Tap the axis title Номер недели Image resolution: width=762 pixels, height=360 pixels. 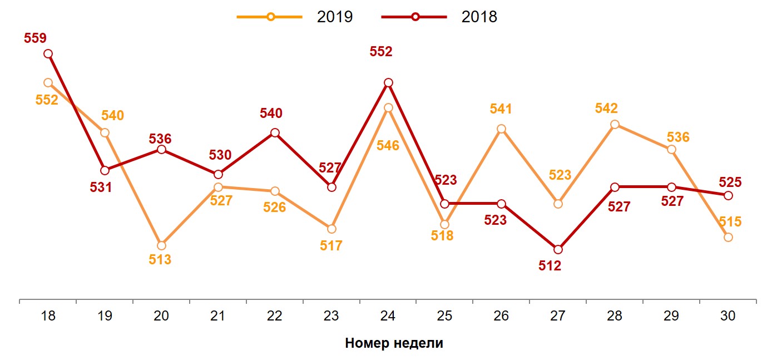(x=394, y=343)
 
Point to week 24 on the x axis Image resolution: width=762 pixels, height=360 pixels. (x=388, y=316)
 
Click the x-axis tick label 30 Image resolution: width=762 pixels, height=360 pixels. (x=728, y=316)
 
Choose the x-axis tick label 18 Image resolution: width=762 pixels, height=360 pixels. (x=48, y=316)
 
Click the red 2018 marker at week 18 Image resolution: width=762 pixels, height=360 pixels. (x=48, y=53)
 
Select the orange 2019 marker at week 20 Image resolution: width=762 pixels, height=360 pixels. (x=161, y=245)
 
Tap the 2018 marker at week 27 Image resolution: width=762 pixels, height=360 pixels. (x=558, y=249)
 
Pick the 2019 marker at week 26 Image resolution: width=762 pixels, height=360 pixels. (x=501, y=129)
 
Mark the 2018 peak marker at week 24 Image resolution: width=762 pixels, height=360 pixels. (x=388, y=82)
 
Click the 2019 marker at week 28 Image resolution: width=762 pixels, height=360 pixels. (x=615, y=124)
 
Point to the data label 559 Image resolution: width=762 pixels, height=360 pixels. (x=35, y=38)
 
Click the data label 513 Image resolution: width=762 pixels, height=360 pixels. (x=160, y=260)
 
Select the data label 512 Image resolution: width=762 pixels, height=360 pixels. (x=550, y=266)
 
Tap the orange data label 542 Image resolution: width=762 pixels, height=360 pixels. (x=606, y=109)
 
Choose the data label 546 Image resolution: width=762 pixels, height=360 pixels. (x=388, y=146)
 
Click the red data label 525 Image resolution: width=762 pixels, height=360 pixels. (x=730, y=181)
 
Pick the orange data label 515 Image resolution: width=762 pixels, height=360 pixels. (x=730, y=221)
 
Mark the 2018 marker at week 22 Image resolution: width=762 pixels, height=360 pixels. (x=275, y=132)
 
